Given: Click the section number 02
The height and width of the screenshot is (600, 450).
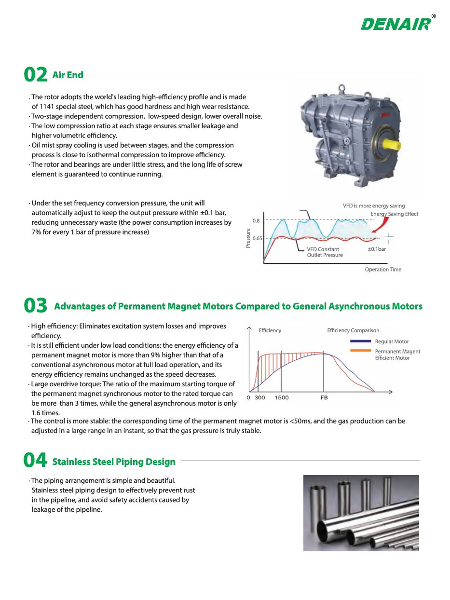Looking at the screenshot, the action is (36, 74).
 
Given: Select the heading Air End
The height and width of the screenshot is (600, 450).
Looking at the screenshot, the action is (68, 75).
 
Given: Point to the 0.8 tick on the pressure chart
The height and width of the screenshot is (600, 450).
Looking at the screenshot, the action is (256, 220).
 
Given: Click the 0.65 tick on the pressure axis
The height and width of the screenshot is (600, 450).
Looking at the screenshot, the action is (257, 238).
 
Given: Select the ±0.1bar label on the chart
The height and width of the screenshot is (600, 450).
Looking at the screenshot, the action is (377, 249).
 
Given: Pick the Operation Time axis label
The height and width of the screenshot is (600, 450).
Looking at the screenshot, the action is (383, 269).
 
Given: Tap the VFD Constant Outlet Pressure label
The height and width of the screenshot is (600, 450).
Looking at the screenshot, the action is (325, 252).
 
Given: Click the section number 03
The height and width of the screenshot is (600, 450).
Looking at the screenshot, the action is (36, 305).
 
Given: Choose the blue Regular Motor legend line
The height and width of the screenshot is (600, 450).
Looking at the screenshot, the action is (361, 341).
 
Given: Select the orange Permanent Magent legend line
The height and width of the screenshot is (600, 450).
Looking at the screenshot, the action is (361, 351).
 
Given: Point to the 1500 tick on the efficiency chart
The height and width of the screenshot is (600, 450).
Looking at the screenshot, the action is (281, 397).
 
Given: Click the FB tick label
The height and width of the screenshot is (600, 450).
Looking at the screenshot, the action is (324, 397).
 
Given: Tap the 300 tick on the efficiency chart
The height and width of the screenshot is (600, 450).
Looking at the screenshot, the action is (259, 397).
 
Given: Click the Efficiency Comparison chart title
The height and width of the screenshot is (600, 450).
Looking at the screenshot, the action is (353, 330).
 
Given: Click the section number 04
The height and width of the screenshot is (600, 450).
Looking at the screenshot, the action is (35, 460).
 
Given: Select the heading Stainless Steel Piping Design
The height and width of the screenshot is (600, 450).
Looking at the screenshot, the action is (114, 462).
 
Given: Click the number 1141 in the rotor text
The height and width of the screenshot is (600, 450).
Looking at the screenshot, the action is (47, 106).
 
